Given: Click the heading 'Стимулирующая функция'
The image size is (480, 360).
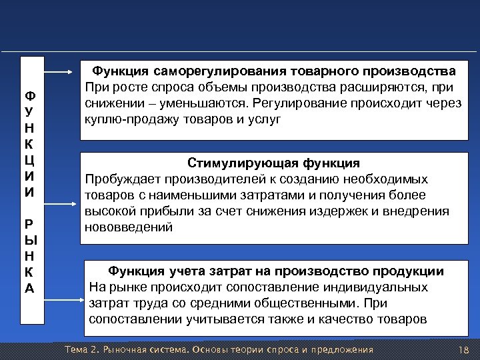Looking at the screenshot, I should click(274, 164).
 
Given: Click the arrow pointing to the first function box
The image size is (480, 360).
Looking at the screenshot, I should click(61, 70).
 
